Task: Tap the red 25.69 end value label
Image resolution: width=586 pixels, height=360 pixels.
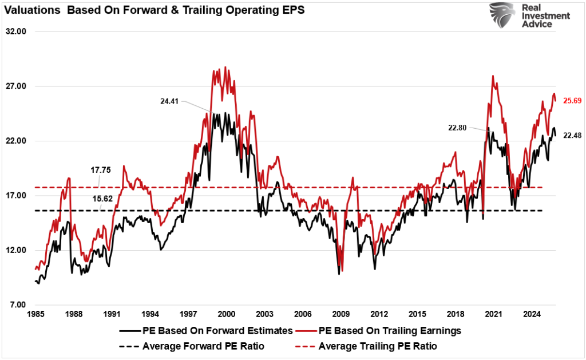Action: point(572,100)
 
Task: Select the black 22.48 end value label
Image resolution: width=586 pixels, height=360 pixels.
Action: point(572,135)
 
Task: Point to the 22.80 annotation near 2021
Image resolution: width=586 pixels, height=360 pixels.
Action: point(458,128)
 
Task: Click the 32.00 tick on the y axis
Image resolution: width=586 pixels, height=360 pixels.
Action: point(17,32)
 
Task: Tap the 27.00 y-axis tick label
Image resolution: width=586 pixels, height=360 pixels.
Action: point(17,86)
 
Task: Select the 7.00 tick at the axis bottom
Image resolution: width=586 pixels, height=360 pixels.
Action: point(18,304)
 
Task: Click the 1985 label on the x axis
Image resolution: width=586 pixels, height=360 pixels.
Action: point(35,314)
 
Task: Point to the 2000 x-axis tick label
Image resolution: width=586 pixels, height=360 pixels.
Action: point(227,314)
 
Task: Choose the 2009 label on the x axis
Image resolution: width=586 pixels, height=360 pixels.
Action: point(341,314)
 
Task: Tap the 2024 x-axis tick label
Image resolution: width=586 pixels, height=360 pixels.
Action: point(532,314)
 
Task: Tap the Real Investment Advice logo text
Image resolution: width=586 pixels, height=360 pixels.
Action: point(545,16)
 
